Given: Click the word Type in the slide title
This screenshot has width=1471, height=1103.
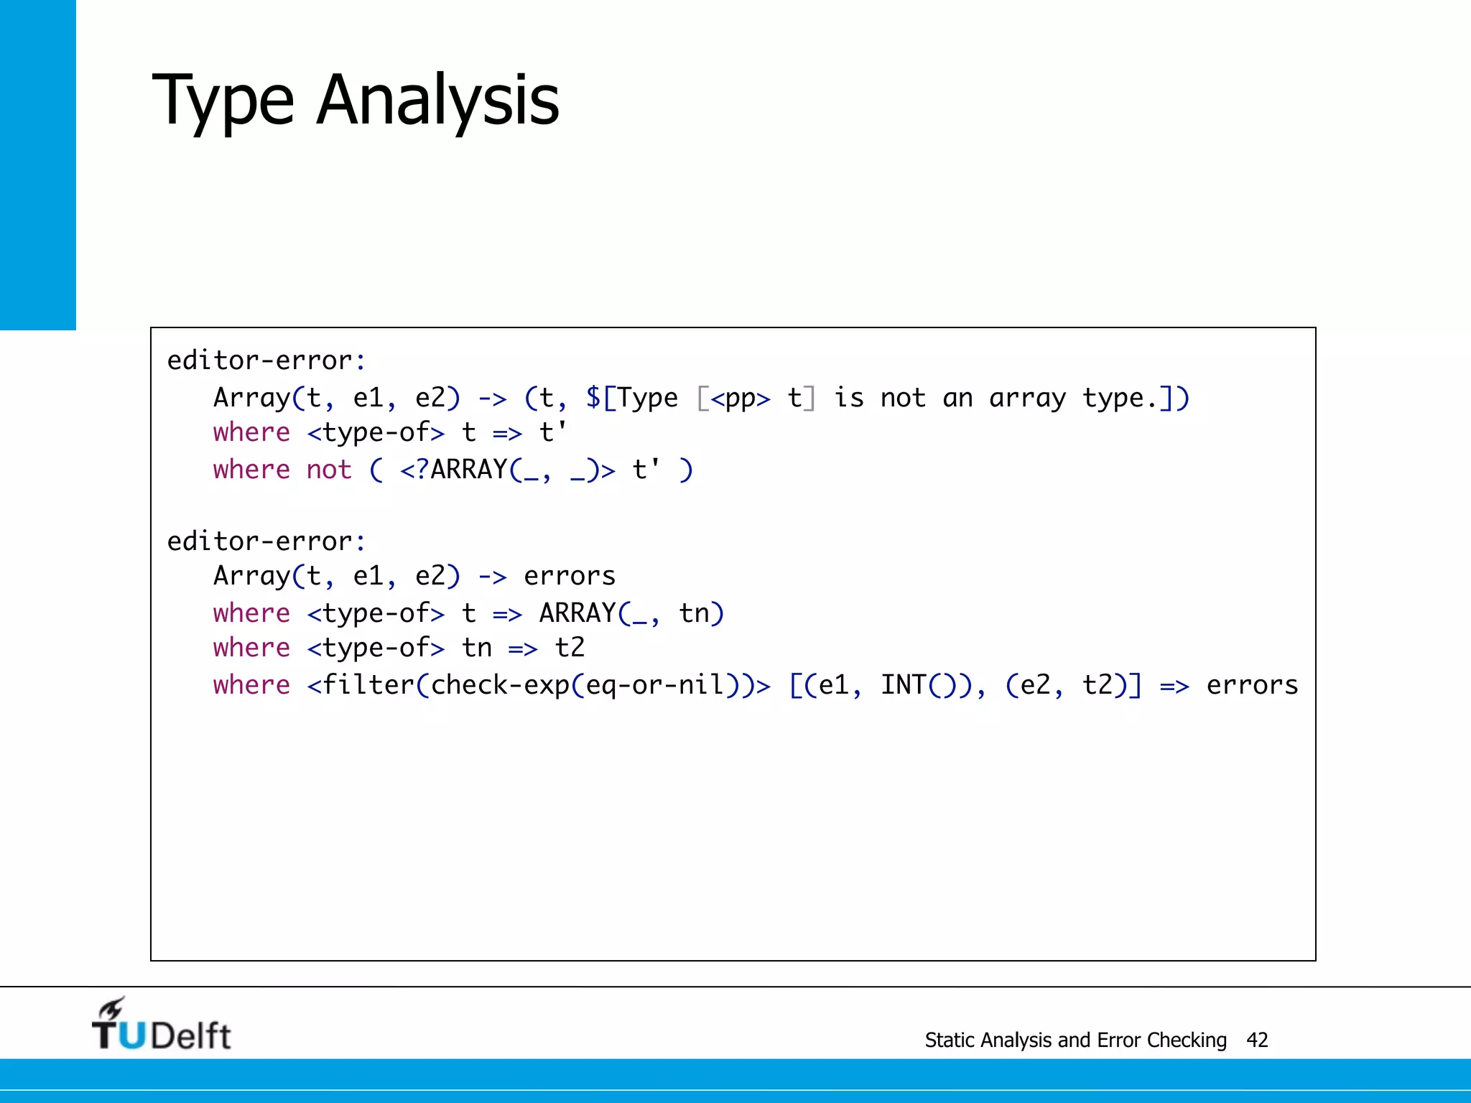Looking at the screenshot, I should tap(223, 101).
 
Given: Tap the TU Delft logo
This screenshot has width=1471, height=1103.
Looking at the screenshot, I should tap(161, 1025).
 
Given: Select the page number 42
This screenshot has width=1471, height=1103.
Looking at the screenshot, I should tap(1257, 1040).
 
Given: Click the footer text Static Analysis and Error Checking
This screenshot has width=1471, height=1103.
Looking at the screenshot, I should tap(1075, 1040).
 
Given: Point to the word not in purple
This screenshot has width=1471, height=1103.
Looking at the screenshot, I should tap(329, 470).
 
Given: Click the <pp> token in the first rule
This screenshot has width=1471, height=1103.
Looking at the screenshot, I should tap(741, 398).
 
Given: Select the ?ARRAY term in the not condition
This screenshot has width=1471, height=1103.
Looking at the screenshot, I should tap(461, 470).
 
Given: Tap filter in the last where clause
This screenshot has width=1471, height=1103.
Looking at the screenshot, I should tap(368, 685).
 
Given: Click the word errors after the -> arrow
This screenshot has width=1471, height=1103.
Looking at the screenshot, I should tap(570, 576).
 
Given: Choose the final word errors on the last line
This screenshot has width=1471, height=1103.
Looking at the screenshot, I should tap(1252, 685).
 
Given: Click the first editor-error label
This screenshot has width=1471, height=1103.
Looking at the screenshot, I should tap(266, 360).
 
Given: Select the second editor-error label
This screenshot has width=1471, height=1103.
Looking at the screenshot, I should tap(266, 541).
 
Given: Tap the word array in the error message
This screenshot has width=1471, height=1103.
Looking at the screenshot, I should tap(1027, 398).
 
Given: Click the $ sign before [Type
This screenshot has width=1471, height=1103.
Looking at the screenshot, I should tap(593, 398).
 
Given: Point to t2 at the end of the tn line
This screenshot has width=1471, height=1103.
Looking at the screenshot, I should tap(570, 648).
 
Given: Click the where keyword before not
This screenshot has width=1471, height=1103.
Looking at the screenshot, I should tap(251, 470).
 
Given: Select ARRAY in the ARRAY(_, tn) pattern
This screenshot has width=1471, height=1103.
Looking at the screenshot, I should tap(577, 613).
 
